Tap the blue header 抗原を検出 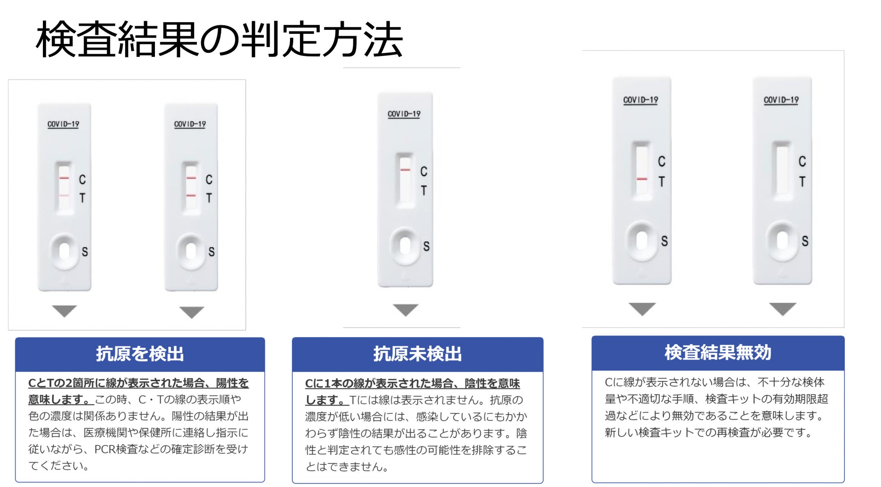pos(140,354)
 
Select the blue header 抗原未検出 pos(417,354)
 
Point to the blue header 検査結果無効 pos(717,352)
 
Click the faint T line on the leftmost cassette pos(64,196)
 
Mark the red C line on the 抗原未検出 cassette pos(405,170)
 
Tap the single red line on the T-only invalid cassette pos(642,179)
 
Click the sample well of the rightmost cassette pos(782,241)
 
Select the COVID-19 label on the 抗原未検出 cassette pos(404,114)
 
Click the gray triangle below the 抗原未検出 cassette pos(405,309)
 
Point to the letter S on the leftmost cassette pos(84,252)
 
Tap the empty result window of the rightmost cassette pos(782,169)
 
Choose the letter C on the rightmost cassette pos(802,161)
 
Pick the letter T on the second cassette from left pos(209,198)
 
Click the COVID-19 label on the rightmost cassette pos(781,100)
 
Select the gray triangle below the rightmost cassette pos(783,309)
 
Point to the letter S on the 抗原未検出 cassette pos(426,246)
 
